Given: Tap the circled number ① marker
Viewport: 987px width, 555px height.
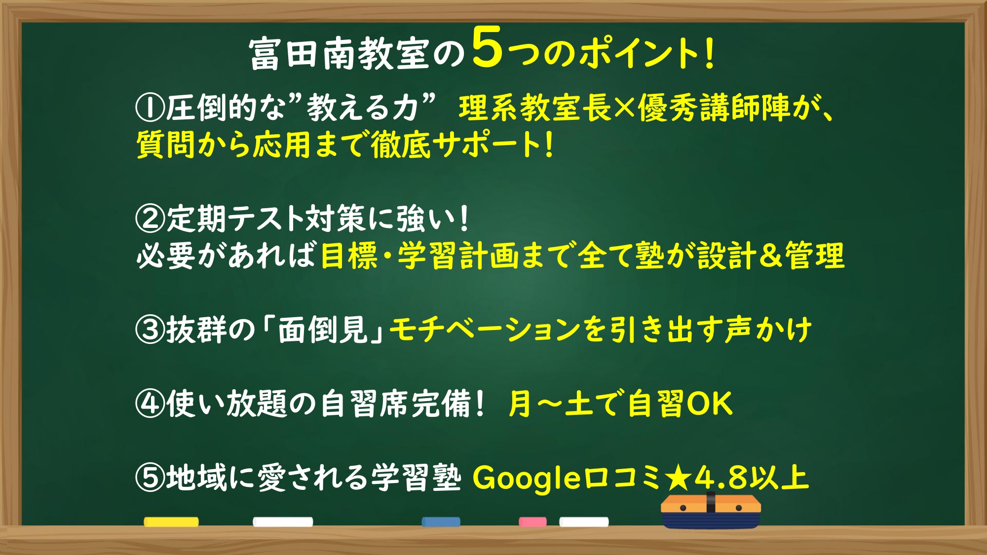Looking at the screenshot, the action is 150,108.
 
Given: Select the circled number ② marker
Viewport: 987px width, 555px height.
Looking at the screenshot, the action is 150,219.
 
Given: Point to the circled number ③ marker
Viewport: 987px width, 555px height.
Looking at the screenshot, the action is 150,330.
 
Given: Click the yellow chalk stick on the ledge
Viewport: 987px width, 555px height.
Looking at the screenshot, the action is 171,522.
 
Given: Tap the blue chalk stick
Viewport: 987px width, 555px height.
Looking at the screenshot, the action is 441,522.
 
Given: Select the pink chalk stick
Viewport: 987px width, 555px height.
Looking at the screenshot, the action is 532,522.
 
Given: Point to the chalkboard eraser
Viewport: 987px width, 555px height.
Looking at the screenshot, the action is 711,511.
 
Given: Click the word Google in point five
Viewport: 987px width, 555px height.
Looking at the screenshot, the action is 527,479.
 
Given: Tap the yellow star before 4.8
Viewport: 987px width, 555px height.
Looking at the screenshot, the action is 678,478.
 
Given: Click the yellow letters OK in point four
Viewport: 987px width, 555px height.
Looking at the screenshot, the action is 709,404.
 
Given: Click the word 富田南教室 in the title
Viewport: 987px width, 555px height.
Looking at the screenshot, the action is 340,53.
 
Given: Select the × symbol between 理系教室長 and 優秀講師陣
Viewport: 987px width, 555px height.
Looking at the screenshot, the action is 624,108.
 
